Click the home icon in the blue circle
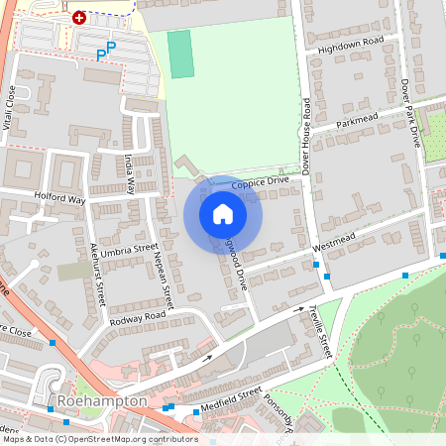[x=223, y=214]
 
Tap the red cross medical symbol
[x=79, y=17]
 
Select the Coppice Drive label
[x=260, y=183]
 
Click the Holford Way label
[x=60, y=198]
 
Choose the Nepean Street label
[x=166, y=281]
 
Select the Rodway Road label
[x=139, y=317]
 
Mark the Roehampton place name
[x=103, y=401]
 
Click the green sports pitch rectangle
[x=179, y=54]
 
